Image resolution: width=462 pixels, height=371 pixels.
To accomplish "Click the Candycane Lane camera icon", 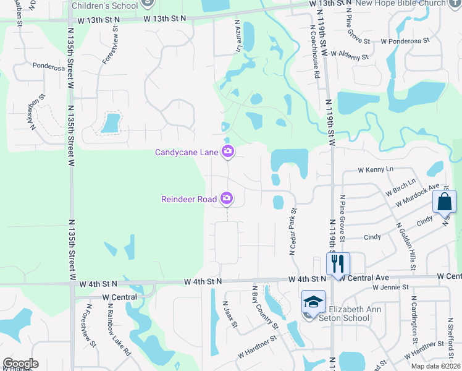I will (x=228, y=151).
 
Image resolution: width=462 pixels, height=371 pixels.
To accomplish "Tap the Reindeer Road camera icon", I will (x=227, y=198).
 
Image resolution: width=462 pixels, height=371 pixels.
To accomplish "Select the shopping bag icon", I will (x=445, y=202).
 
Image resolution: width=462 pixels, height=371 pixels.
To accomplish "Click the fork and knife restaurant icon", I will (x=338, y=264).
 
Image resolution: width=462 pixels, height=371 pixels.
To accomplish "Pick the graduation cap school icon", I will (x=314, y=302).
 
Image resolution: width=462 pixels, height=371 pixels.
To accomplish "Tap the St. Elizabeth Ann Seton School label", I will (x=344, y=313).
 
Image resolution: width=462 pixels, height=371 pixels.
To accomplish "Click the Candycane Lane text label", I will (x=187, y=151).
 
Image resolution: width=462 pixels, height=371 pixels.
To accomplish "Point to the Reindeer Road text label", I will (x=189, y=198).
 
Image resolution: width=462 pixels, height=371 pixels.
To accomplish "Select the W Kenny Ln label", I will (x=376, y=169).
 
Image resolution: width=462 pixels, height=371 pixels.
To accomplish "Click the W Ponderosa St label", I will (x=405, y=41).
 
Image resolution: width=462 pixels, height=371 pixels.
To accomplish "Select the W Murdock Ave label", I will (x=418, y=195).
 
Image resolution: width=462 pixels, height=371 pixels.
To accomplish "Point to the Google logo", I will (x=20, y=364).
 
